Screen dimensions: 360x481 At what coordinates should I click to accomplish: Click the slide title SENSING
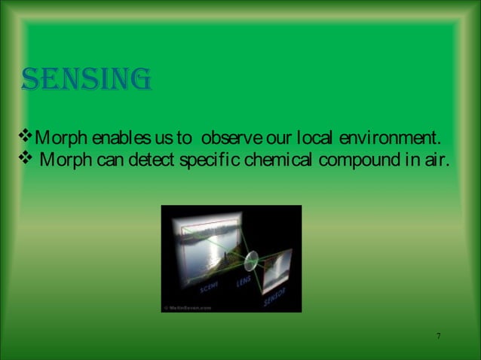coord(87,78)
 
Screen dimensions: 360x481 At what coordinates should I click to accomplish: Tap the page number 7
coord(438,335)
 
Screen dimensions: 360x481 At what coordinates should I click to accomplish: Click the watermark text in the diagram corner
coord(188,307)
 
